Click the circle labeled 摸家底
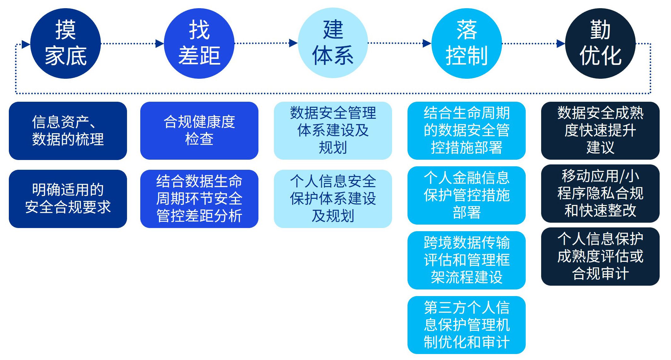66,43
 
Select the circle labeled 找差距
199,43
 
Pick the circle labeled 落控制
466,43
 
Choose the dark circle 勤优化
600,43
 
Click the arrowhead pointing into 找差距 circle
159,43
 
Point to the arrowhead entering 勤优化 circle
561,43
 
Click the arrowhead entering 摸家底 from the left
26,44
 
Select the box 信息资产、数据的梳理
68,131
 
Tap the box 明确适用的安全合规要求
68,199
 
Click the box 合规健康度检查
199,131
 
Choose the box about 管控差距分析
199,199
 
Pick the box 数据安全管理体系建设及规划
333,131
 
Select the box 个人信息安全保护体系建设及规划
333,199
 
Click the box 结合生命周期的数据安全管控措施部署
466,131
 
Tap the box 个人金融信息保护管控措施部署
466,195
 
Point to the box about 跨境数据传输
466,260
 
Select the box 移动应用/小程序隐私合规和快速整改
600,193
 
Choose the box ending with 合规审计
600,256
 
